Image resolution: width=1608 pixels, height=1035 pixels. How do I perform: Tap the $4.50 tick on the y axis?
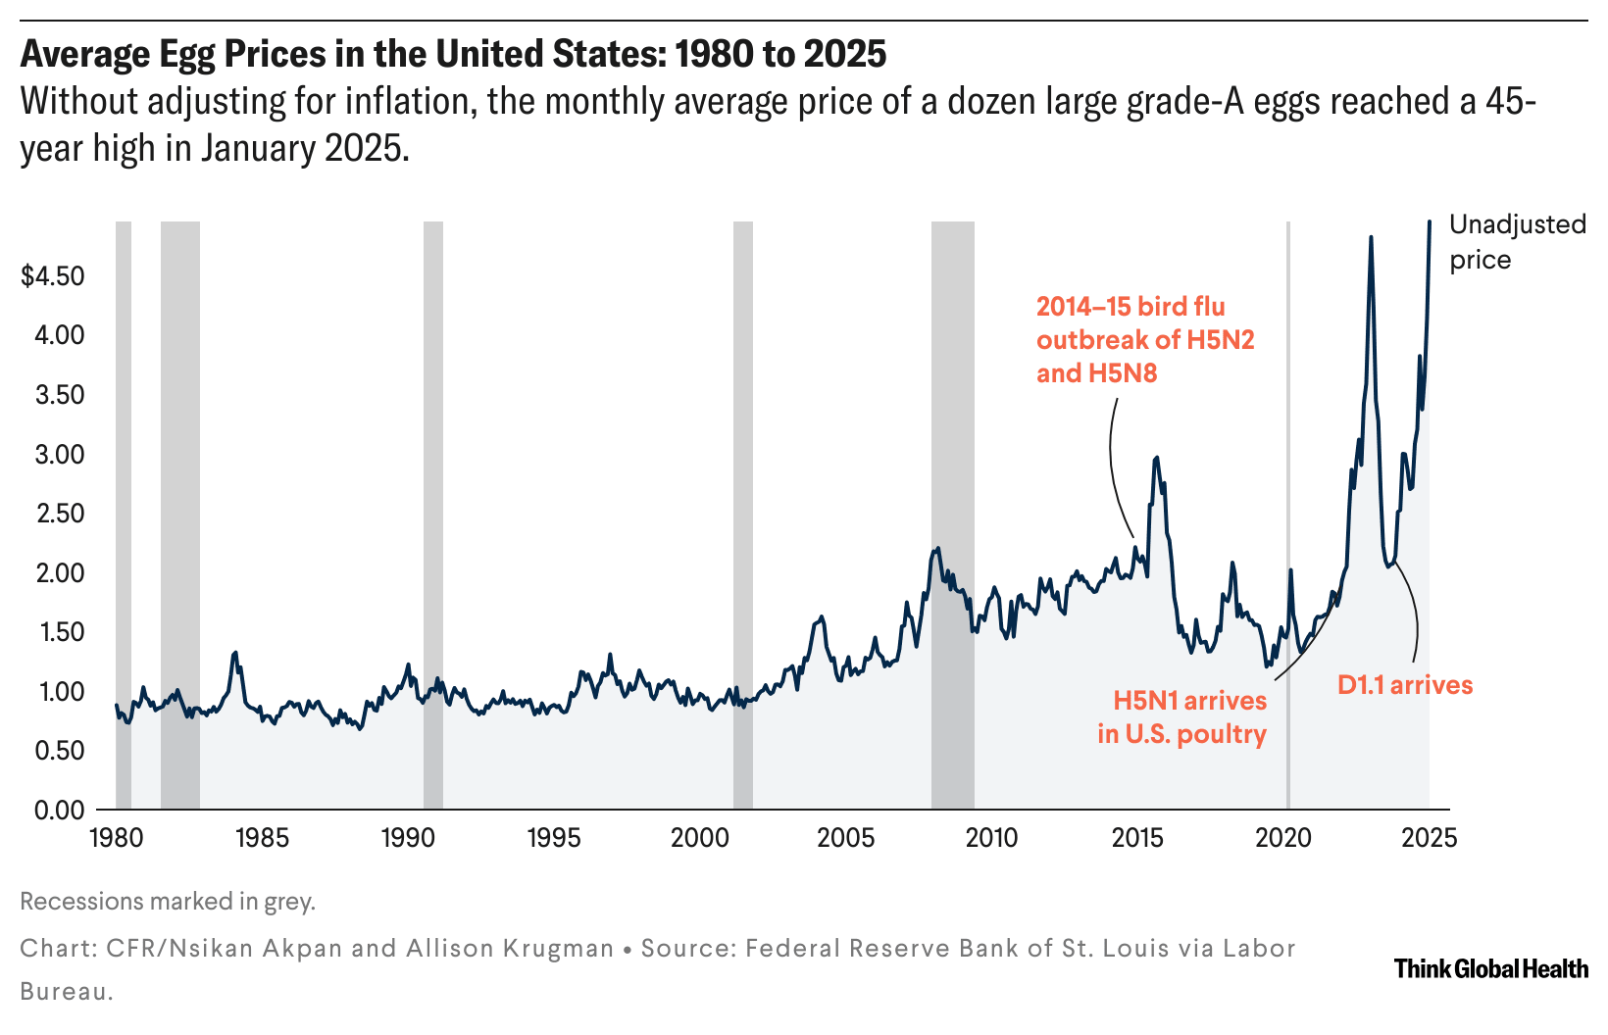pyautogui.click(x=53, y=275)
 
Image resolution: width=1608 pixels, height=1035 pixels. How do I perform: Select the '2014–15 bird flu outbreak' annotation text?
pyautogui.click(x=1145, y=339)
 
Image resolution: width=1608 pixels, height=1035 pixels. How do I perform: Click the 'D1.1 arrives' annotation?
pyautogui.click(x=1404, y=685)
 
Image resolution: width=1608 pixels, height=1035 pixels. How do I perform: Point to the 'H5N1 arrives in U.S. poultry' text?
pyautogui.click(x=1182, y=717)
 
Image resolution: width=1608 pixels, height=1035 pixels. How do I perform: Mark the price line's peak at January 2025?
pyautogui.click(x=1430, y=222)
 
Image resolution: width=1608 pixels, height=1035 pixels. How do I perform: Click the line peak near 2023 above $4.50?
pyautogui.click(x=1371, y=238)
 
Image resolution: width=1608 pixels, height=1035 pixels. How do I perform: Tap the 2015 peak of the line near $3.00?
pyautogui.click(x=1157, y=458)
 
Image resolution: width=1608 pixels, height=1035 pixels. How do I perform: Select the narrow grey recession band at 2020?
pyautogui.click(x=1287, y=490)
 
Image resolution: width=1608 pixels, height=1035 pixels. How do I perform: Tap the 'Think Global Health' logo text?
pyautogui.click(x=1490, y=969)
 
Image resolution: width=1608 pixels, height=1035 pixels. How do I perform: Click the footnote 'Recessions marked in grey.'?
pyautogui.click(x=168, y=902)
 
